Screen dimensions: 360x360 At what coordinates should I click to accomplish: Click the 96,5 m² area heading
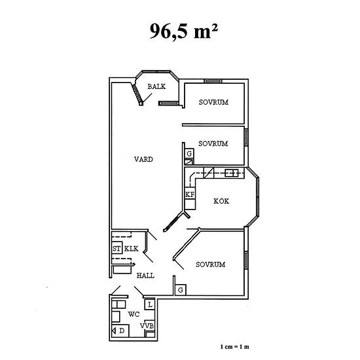[183, 31]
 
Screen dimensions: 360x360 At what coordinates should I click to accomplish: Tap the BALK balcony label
[156, 86]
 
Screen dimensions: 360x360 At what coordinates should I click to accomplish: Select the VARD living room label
[143, 159]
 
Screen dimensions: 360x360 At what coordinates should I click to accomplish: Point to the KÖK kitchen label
[221, 201]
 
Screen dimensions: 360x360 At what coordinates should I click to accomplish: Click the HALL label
[145, 276]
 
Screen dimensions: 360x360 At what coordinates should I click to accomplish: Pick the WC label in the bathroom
[134, 314]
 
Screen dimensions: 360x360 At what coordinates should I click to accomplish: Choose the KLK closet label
[132, 249]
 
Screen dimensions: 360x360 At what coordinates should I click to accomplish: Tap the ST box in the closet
[117, 248]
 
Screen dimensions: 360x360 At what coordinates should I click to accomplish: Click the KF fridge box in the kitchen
[190, 194]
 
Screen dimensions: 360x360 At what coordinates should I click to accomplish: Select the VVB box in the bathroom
[147, 326]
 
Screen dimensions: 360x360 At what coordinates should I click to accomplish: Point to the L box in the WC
[150, 304]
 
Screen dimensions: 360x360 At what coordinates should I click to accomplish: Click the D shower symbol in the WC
[120, 331]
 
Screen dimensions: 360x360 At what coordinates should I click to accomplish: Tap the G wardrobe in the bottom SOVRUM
[181, 290]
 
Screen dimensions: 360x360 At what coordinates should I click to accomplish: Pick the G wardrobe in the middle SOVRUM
[189, 153]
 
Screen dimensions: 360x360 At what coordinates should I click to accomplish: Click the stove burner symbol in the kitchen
[232, 173]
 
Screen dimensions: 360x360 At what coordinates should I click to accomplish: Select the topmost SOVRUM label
[213, 102]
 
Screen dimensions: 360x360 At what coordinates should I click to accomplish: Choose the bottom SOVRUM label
[211, 264]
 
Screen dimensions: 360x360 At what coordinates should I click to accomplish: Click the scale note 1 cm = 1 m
[234, 347]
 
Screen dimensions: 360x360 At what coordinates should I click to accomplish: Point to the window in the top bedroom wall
[213, 81]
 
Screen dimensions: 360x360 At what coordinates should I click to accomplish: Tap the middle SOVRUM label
[213, 144]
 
